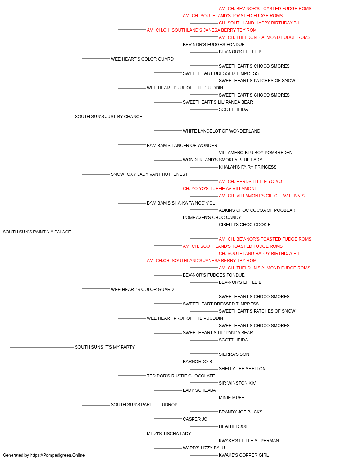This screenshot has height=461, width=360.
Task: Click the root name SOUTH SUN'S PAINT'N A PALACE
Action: pos(37,232)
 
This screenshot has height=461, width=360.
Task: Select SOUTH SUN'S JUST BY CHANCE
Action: pos(108,117)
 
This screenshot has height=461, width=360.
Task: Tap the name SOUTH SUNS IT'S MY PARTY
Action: pos(105,347)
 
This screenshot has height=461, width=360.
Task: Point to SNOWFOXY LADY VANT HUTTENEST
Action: pos(149,174)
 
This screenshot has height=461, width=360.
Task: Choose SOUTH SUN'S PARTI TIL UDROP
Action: pos(144,404)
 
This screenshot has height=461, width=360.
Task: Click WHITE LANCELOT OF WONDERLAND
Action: pos(221,131)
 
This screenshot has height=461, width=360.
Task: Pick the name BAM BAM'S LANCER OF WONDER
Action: pos(182,146)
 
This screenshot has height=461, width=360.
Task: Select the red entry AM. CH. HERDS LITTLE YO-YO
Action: pos(251,182)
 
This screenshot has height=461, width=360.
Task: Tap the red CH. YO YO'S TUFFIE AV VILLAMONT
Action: pos(220,189)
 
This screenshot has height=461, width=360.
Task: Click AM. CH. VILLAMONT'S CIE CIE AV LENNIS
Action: pos(262,196)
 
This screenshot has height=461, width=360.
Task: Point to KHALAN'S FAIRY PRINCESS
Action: pos(248,167)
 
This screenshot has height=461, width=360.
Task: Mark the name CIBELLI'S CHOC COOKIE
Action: pos(245,225)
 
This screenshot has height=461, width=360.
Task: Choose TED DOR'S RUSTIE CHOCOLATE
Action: pos(181,376)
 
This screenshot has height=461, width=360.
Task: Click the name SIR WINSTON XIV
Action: pos(237,383)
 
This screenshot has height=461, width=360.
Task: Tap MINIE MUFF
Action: pos(231,398)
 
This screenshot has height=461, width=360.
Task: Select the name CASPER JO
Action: pos(195,419)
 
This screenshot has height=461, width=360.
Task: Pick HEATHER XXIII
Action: pos(234,426)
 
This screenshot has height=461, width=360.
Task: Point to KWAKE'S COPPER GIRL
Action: pos(244,455)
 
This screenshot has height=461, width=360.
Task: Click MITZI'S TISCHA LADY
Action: pos(169,433)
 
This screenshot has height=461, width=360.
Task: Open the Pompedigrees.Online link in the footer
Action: pos(57,455)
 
